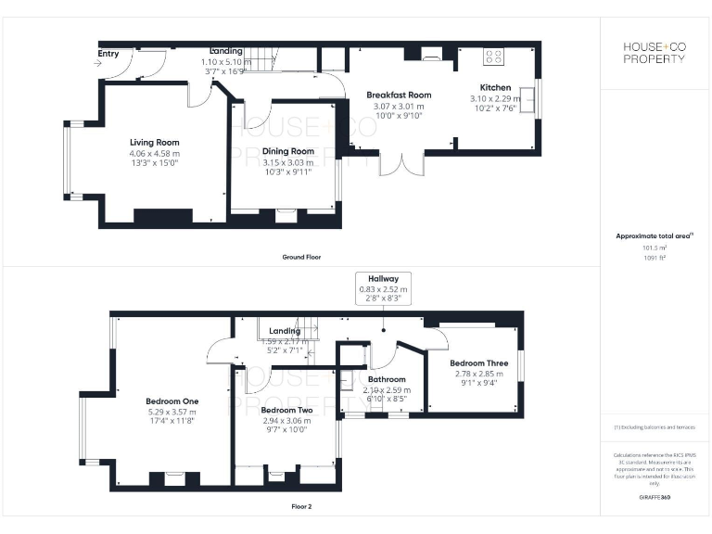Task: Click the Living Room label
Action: click(x=154, y=143)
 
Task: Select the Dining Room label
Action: click(x=288, y=151)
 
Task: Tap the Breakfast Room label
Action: click(x=399, y=95)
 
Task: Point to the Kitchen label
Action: click(x=495, y=88)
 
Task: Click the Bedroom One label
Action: click(x=172, y=401)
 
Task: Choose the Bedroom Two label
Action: click(x=285, y=410)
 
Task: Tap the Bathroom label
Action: click(x=387, y=379)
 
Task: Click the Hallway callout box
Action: click(x=383, y=288)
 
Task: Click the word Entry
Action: click(x=108, y=54)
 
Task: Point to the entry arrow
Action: click(x=100, y=64)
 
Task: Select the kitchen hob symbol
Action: click(x=492, y=56)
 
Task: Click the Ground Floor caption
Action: click(x=301, y=257)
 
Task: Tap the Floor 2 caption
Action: click(x=301, y=506)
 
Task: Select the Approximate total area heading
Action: click(x=653, y=236)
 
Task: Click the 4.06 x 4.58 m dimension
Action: click(x=154, y=153)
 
